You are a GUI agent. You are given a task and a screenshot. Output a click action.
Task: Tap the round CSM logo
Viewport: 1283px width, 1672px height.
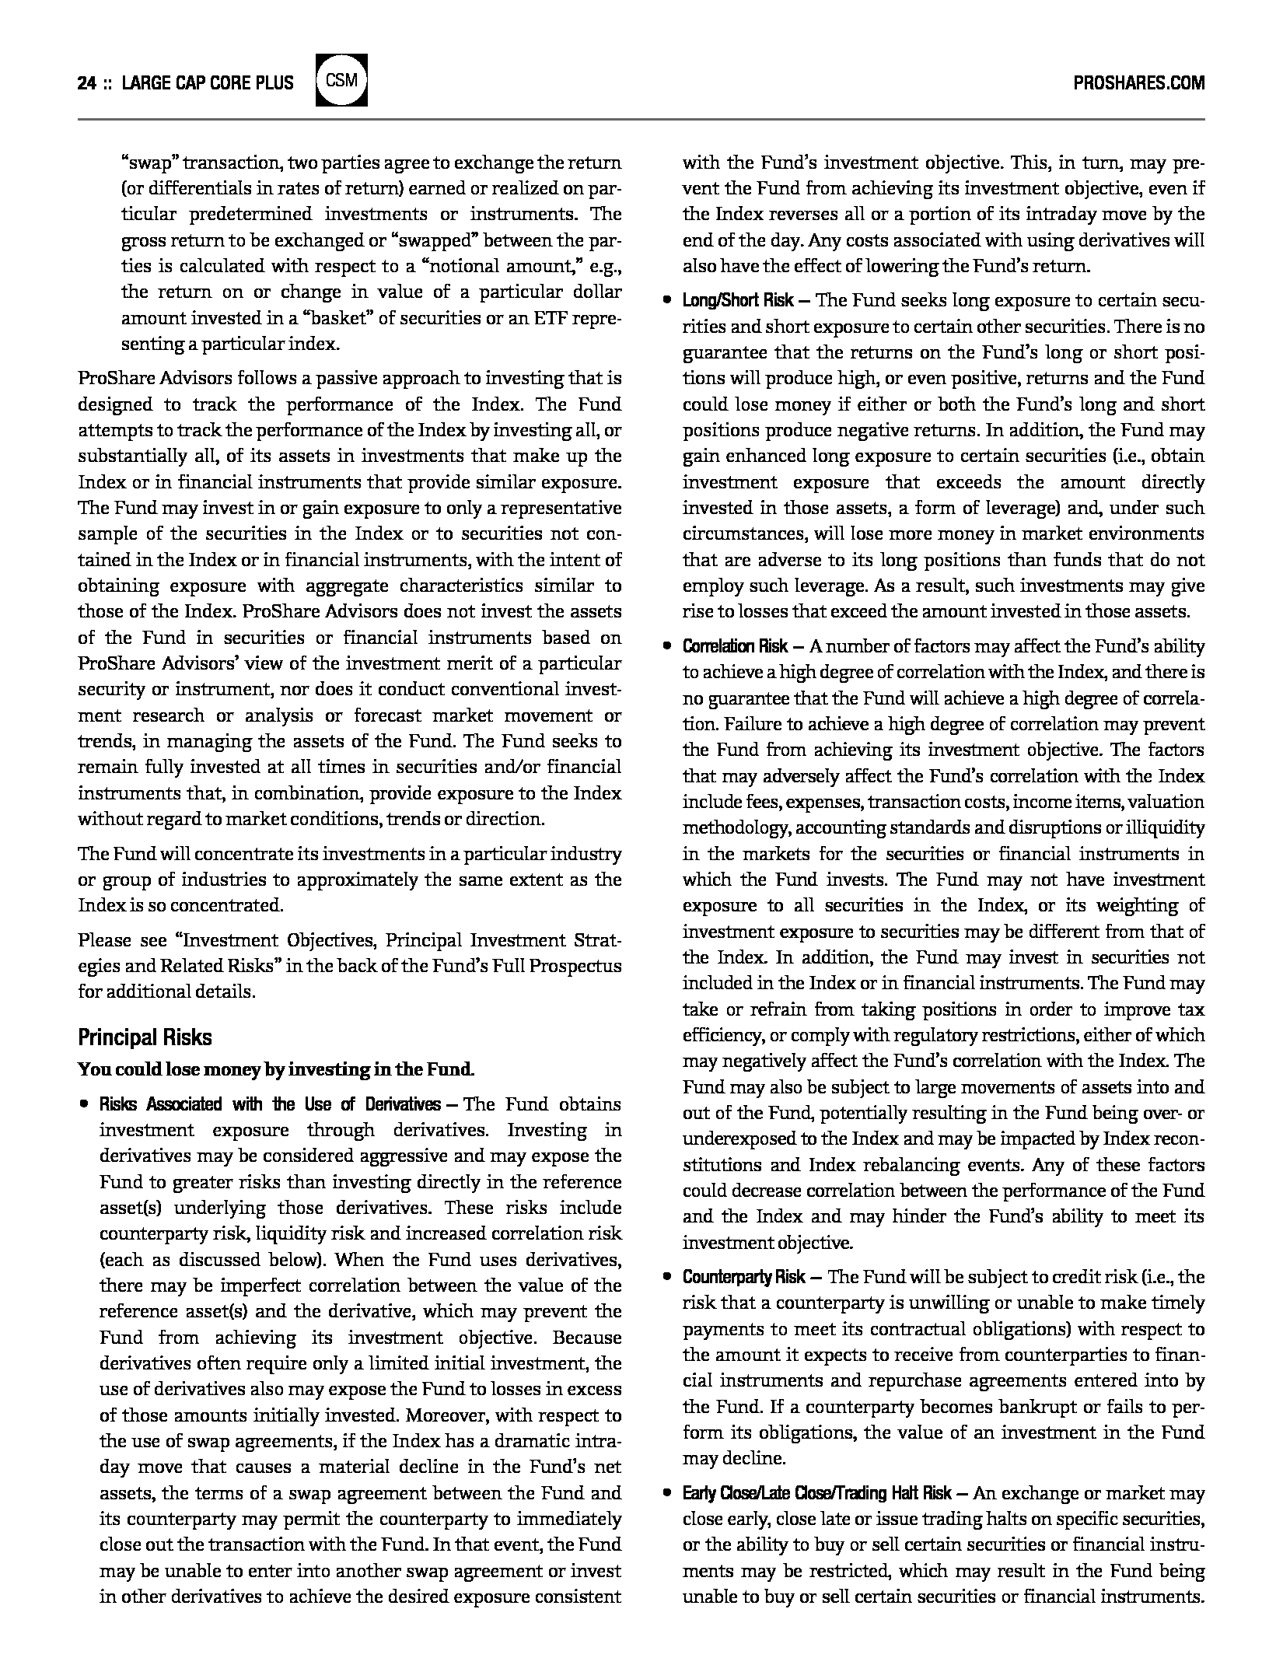coord(341,80)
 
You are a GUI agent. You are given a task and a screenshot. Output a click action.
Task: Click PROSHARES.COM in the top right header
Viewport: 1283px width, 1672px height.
coord(1138,83)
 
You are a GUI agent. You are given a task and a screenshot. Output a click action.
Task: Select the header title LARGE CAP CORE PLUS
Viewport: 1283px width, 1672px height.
coord(208,83)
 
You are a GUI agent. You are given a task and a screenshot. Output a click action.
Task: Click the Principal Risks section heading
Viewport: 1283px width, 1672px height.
coord(145,1037)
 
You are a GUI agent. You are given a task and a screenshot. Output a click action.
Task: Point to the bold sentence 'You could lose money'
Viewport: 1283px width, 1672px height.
coord(276,1069)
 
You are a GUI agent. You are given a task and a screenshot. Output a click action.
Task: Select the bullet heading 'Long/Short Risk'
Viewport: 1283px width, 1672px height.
coord(738,301)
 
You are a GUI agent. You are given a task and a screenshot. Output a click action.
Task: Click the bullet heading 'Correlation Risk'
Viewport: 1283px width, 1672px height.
coord(735,646)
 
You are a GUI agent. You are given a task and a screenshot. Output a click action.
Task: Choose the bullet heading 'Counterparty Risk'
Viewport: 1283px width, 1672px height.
coord(744,1277)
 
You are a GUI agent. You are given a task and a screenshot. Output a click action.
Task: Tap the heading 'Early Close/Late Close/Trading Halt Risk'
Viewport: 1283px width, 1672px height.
coord(817,1493)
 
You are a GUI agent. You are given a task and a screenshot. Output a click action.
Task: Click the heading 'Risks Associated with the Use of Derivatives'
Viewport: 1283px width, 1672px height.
coord(269,1104)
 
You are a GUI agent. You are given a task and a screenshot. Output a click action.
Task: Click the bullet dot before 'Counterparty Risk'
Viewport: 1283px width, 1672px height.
coord(666,1277)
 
